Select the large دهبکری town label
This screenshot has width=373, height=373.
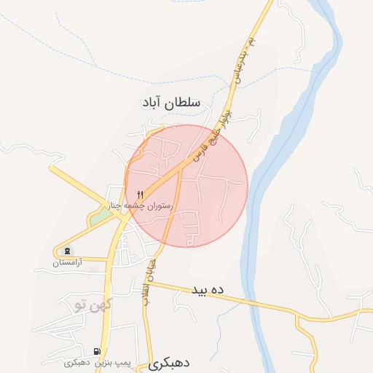pos(173,364)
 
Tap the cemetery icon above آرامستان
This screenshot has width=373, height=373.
pos(68,251)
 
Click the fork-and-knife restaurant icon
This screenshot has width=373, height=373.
pos(140,195)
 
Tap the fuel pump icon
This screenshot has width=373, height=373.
pos(98,351)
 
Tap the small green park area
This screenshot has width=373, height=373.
pos(98,218)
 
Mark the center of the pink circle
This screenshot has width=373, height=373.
pos(186,186)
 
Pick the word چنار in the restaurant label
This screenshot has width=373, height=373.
pos(117,207)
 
